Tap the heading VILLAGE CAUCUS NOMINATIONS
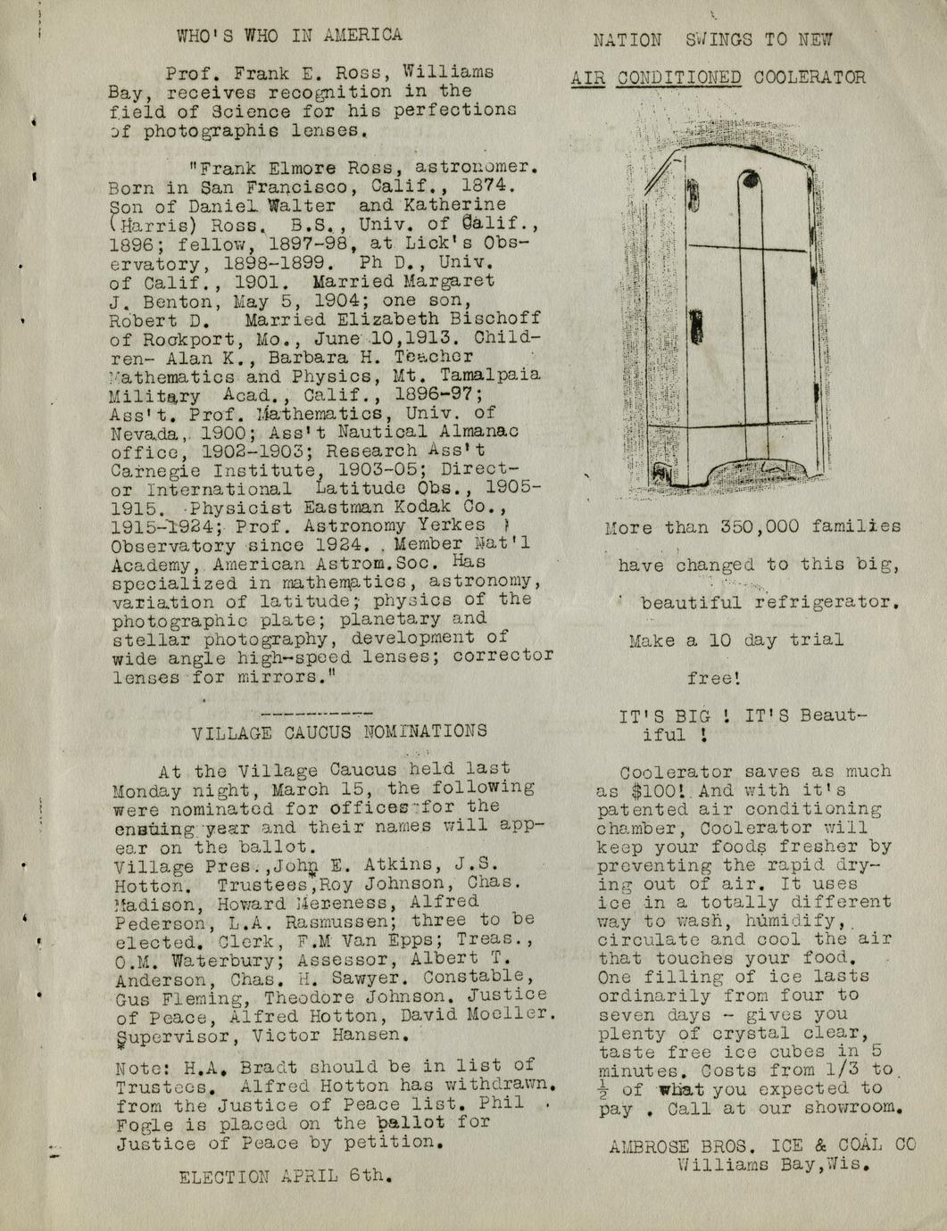(340, 731)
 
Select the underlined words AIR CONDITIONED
(656, 78)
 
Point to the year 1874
(488, 186)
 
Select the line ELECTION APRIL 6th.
(286, 1175)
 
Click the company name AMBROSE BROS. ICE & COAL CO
(761, 1145)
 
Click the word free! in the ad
(714, 678)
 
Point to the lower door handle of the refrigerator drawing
(697, 327)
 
